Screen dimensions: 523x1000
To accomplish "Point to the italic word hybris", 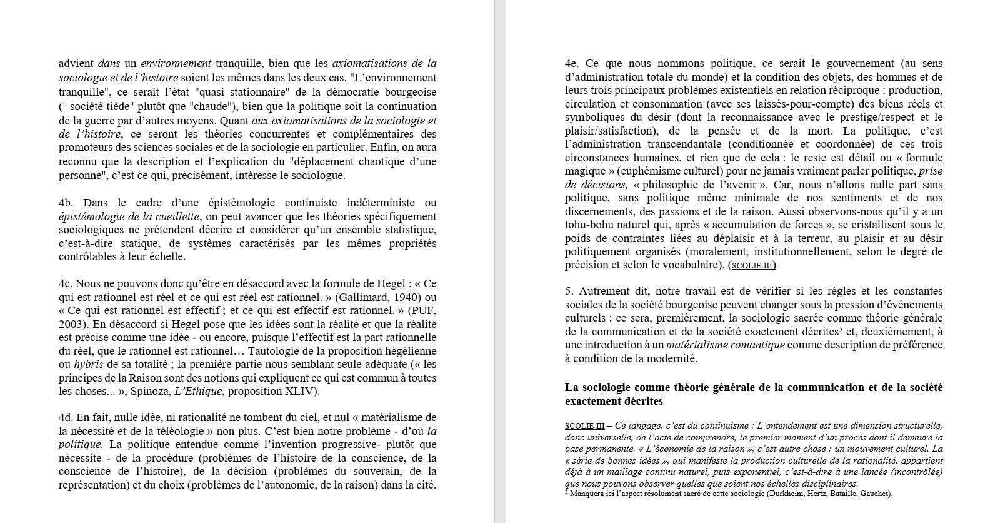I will [88, 364].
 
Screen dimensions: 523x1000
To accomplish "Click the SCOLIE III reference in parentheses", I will [752, 265].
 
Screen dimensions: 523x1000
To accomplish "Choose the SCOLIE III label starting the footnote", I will [584, 425].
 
